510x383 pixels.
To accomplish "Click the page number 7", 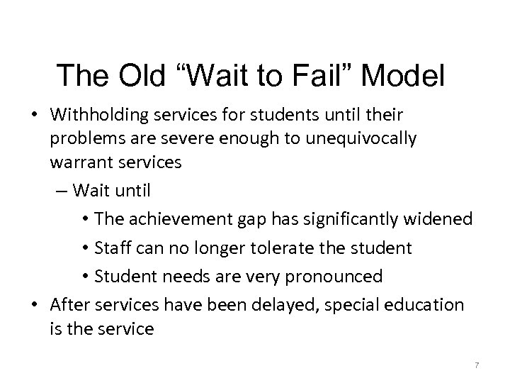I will [477, 365].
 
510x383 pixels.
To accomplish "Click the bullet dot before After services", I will [35, 305].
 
